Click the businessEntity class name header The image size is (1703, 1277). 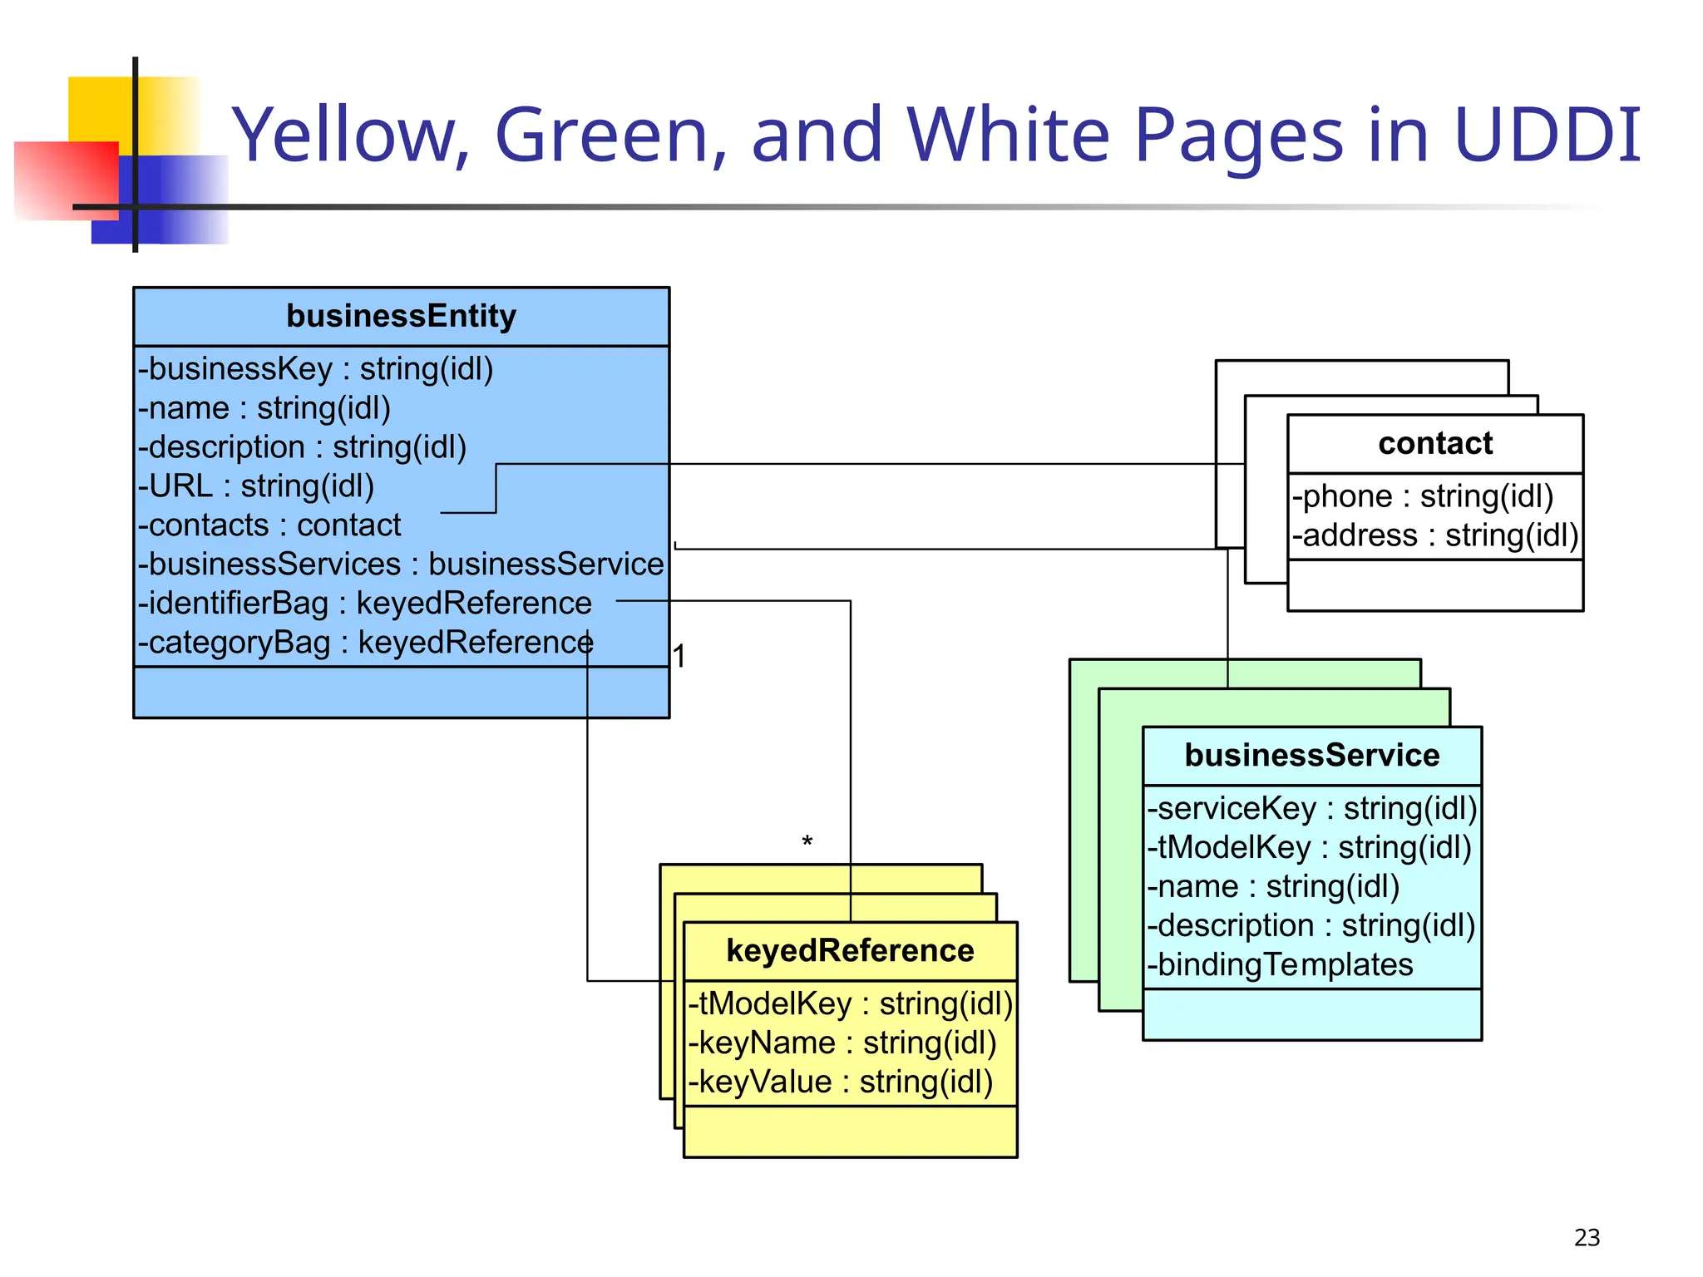401,317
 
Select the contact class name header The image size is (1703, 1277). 1434,444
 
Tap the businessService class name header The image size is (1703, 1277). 1311,756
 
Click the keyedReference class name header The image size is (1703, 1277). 850,951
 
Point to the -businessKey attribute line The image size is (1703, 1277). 316,369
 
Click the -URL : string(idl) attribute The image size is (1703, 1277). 256,486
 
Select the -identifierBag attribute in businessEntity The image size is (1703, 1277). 365,604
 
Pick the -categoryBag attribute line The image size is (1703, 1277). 366,643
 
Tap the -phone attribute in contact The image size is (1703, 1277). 1422,496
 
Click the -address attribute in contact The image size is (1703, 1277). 1434,535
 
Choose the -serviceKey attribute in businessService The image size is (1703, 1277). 1311,809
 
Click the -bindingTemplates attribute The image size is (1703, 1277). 1280,965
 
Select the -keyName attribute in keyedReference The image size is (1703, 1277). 842,1043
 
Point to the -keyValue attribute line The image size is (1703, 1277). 840,1082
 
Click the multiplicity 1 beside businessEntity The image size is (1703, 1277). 679,657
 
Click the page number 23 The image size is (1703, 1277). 1587,1238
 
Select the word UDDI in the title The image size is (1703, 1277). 1547,135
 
